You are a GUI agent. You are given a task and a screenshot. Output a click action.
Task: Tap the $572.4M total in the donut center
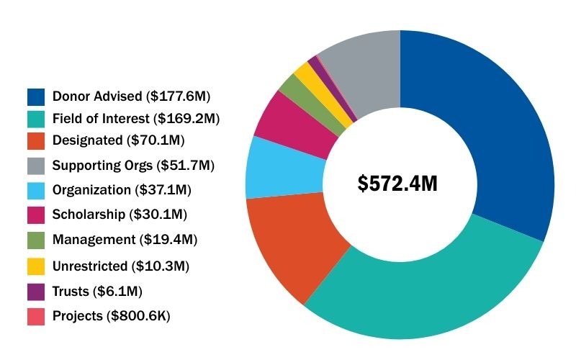click(397, 184)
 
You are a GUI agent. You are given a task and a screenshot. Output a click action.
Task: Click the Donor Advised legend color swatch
click(36, 96)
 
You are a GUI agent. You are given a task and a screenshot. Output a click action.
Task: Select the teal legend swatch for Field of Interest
click(36, 118)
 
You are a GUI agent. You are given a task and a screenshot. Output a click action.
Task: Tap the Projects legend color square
click(36, 315)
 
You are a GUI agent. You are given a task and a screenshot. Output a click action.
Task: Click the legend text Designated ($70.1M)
click(118, 140)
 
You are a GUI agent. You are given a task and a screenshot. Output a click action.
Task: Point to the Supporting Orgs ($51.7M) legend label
click(133, 166)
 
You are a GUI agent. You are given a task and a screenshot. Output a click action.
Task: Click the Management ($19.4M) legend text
click(125, 239)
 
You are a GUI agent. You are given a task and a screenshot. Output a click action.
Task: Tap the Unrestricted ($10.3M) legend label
click(120, 266)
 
